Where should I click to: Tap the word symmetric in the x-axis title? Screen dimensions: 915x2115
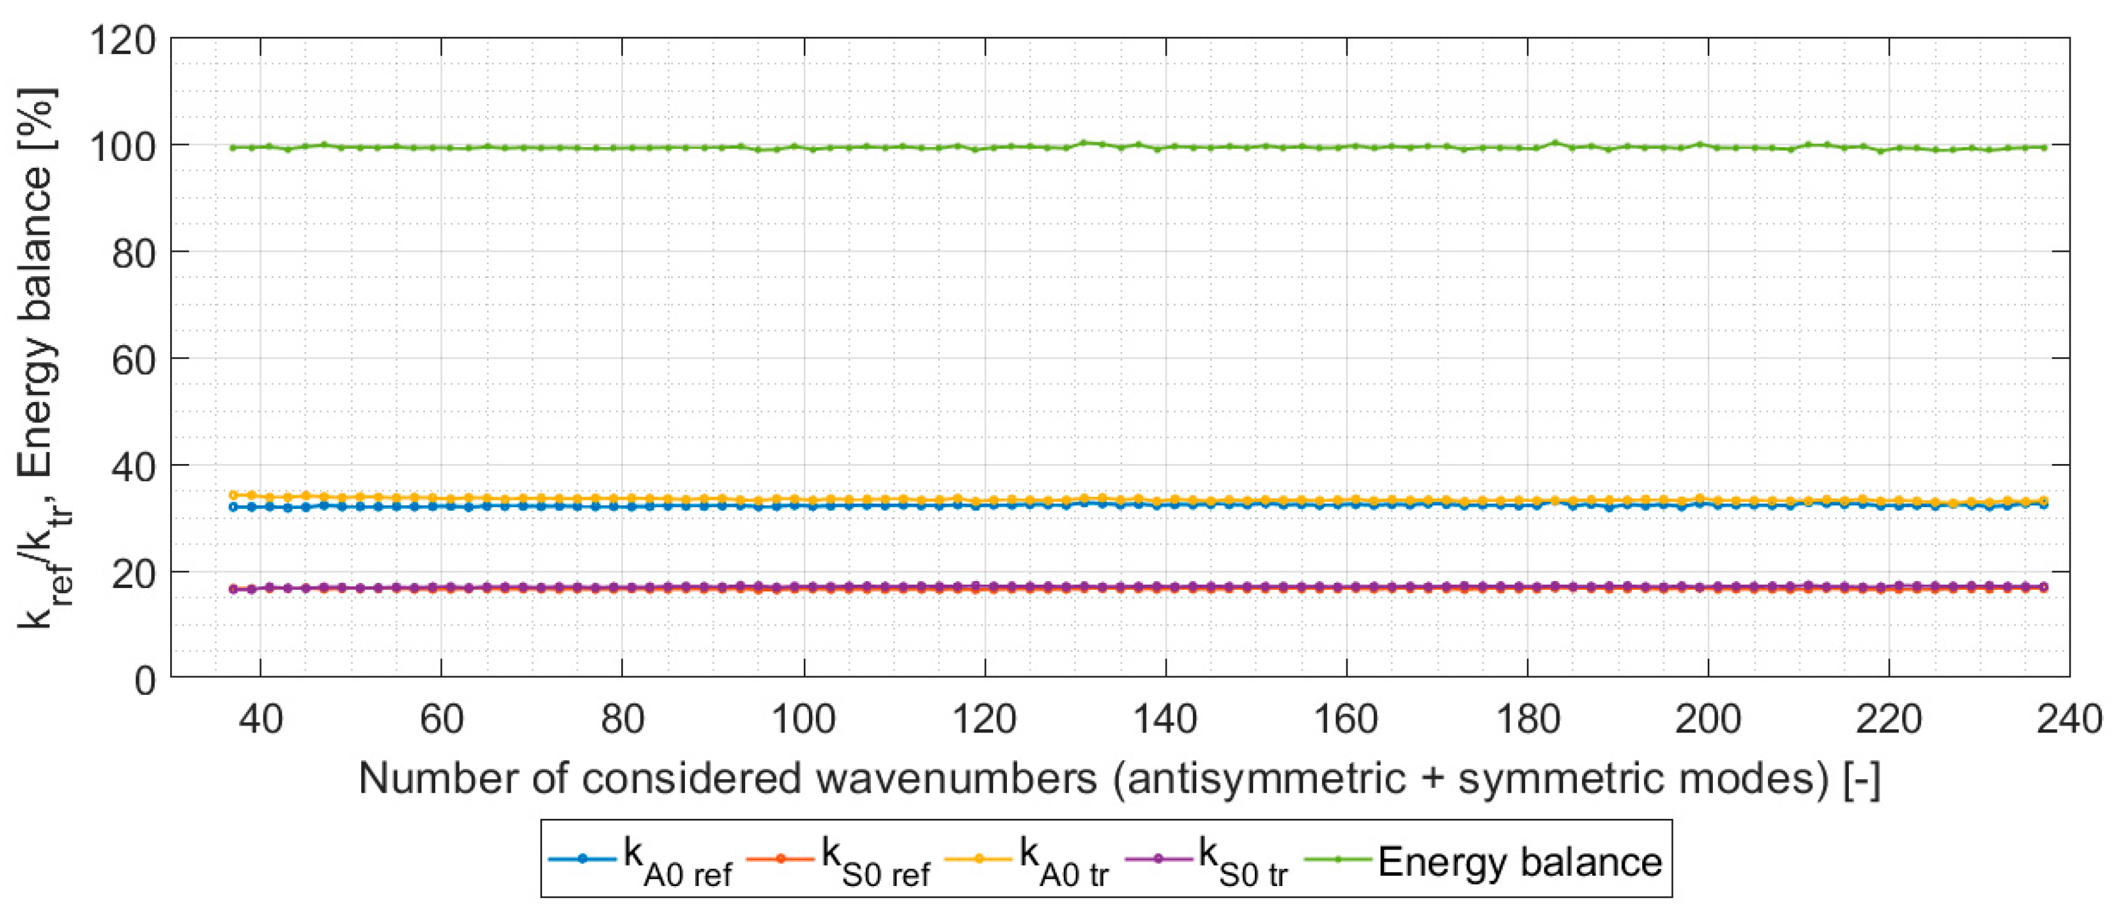coord(1560,778)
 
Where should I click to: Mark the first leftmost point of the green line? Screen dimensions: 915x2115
coord(233,148)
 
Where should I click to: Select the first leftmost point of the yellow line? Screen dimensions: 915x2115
coord(233,495)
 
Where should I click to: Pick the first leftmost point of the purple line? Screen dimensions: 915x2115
coord(233,589)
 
